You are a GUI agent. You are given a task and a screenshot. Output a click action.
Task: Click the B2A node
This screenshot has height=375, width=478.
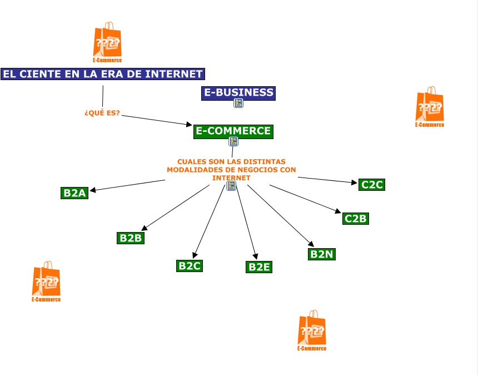point(74,193)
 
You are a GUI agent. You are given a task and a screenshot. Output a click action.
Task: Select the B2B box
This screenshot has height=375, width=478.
point(131,238)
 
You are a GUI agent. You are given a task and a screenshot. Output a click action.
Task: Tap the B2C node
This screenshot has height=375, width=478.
point(189,266)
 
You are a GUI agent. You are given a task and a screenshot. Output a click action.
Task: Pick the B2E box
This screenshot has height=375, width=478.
point(259,267)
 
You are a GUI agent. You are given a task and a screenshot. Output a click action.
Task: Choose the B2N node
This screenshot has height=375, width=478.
point(322,254)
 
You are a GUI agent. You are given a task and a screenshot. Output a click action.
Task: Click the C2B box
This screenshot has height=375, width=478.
point(355,218)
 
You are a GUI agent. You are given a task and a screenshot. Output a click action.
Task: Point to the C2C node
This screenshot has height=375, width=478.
point(372,185)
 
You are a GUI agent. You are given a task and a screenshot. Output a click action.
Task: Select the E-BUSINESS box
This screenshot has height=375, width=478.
point(238,93)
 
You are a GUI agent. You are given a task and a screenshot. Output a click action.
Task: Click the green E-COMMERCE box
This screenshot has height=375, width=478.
point(233,131)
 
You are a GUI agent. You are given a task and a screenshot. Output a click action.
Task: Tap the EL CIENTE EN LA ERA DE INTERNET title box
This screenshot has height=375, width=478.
point(102,74)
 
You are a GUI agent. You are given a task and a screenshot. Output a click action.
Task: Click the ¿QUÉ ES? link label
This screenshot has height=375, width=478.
point(102,113)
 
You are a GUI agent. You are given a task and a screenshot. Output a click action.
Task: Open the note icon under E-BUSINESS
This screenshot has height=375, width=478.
point(238,103)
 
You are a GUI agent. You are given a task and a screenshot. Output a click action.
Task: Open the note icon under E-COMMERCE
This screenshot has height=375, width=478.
point(233,141)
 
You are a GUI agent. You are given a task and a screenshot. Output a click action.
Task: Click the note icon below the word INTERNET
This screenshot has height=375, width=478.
point(231,186)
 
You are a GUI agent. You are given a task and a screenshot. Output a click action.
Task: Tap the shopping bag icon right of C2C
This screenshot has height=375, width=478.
point(429,105)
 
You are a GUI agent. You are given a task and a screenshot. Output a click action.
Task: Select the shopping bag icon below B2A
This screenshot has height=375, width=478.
point(46,280)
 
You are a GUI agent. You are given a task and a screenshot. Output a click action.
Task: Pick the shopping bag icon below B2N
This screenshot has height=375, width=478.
point(311,329)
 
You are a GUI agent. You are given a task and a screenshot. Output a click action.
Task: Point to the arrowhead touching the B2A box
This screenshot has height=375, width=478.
point(93,190)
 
